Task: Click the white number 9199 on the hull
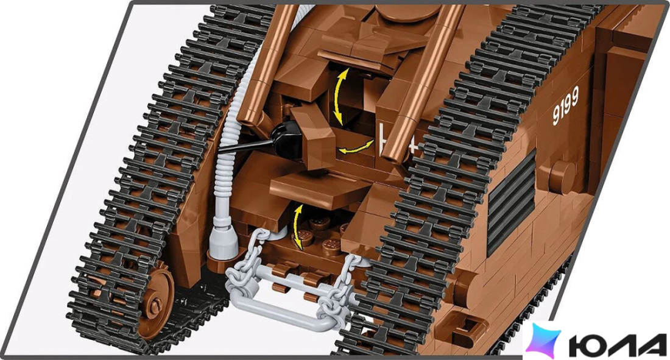[x=566, y=105]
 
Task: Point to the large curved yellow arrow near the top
[x=337, y=96]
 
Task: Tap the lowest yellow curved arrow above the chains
[x=297, y=226]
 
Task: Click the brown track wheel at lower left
[x=157, y=299]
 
